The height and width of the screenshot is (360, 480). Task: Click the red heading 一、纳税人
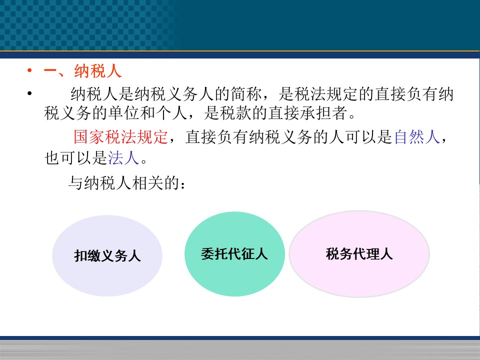[82, 71]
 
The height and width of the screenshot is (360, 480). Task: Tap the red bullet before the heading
[29, 70]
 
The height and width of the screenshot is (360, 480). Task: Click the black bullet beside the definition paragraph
[29, 93]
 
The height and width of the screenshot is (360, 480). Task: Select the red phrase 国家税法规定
[121, 136]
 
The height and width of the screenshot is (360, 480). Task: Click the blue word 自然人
[417, 136]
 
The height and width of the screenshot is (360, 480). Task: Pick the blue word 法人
[123, 158]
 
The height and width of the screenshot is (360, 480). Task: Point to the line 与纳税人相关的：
[126, 183]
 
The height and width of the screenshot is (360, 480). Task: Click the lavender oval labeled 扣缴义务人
[107, 255]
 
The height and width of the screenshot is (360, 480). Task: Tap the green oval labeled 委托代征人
[234, 254]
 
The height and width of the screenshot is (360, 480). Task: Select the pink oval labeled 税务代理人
[359, 254]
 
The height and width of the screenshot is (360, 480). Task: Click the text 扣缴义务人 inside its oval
[107, 255]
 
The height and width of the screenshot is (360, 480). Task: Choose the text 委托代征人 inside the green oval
[234, 254]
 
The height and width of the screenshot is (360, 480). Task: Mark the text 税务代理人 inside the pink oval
[359, 254]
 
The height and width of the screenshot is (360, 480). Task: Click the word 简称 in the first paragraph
[246, 93]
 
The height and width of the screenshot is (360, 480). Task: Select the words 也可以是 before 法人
[75, 158]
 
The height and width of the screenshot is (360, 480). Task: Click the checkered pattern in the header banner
[87, 25]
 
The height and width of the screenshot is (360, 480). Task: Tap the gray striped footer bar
[240, 350]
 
